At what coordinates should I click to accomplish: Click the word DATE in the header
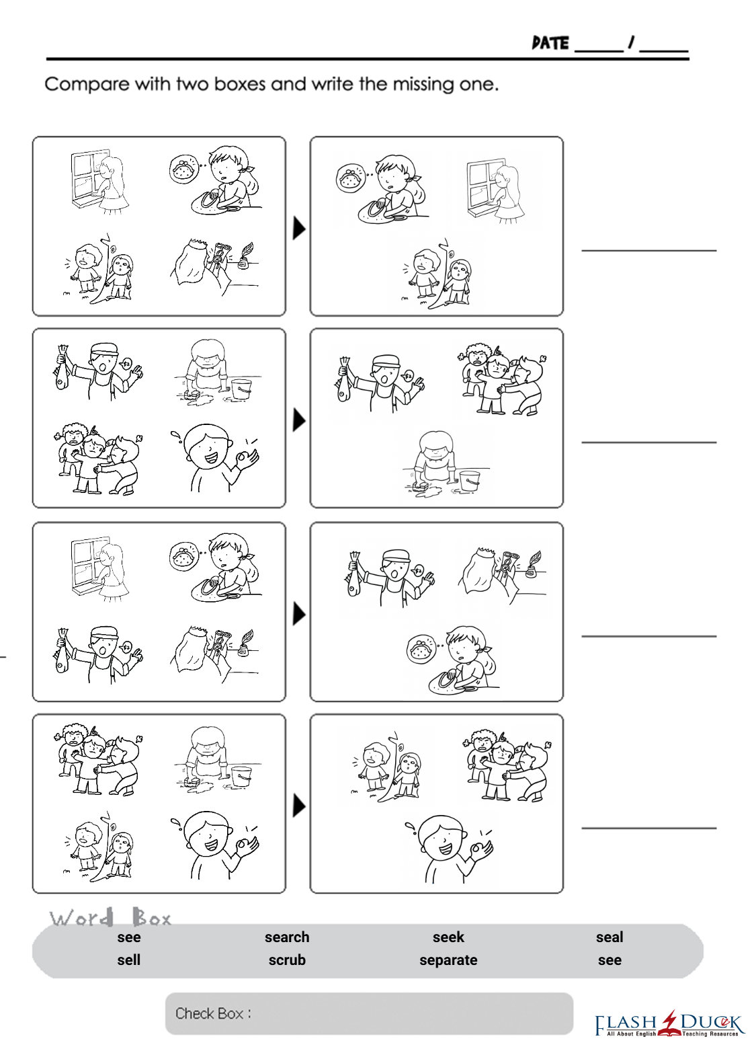point(550,43)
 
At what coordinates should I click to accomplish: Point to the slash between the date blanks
point(632,42)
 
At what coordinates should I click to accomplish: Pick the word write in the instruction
point(333,84)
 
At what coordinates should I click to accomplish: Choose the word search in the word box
point(287,937)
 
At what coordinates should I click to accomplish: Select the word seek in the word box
point(448,937)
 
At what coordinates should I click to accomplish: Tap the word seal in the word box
point(610,937)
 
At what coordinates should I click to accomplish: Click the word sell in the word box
point(129,960)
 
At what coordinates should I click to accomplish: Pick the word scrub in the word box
point(287,960)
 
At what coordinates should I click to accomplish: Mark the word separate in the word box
point(448,960)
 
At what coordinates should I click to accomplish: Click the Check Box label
point(213,1013)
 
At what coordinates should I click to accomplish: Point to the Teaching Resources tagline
point(710,1034)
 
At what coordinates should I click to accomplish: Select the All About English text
point(632,1034)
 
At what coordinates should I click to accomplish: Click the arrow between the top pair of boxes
point(299,229)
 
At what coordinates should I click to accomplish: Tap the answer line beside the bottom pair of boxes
point(649,828)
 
